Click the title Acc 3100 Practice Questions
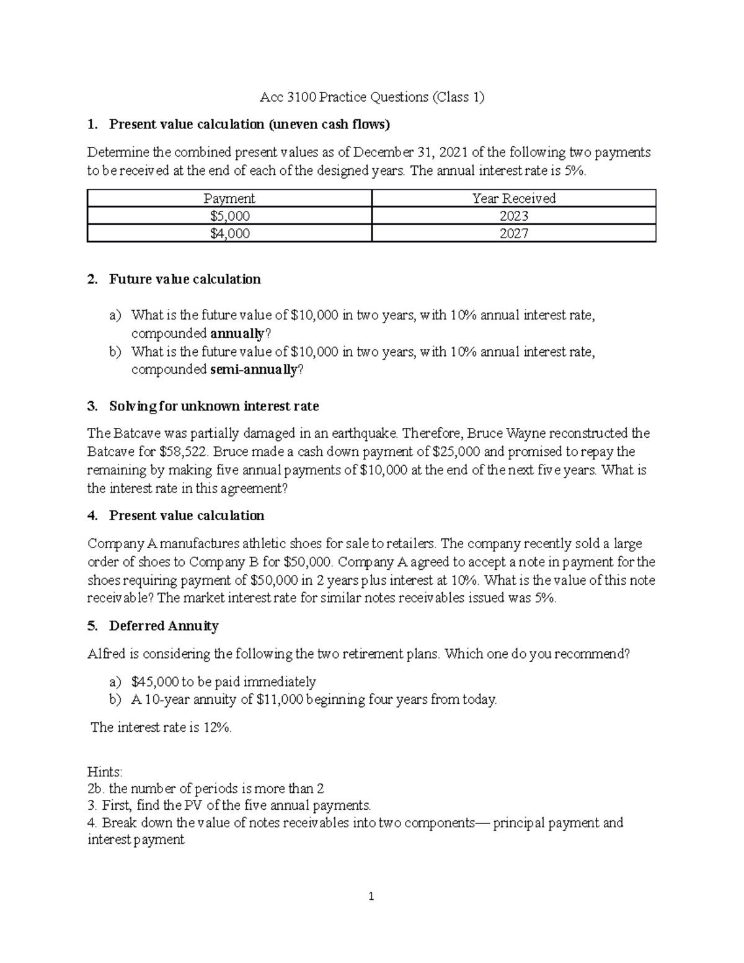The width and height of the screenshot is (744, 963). pos(371,97)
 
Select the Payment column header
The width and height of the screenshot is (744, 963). pos(229,198)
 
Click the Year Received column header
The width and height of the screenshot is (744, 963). pos(513,198)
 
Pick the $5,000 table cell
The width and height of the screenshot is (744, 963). pos(229,216)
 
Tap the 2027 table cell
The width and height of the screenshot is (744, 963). pos(513,233)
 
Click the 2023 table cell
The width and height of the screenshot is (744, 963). pos(513,216)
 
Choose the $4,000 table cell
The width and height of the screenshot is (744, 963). pos(229,233)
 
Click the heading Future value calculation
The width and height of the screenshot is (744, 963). pos(185,279)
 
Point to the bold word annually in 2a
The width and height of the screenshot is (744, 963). pos(237,334)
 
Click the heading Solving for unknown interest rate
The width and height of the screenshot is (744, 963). pos(214,406)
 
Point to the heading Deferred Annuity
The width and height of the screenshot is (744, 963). pos(164,626)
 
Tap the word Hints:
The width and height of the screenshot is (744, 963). pos(105,772)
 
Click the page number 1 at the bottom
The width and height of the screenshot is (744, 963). pos(371,897)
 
